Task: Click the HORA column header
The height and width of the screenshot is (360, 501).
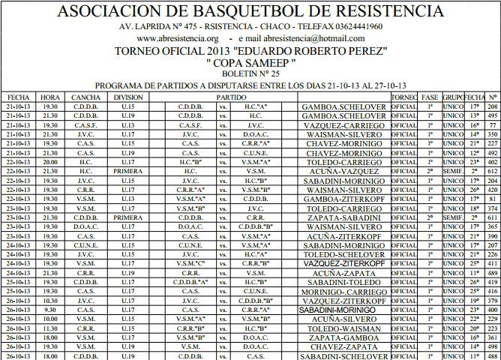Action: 50,97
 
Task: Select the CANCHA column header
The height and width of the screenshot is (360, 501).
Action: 85,97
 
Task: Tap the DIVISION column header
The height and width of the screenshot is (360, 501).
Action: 128,97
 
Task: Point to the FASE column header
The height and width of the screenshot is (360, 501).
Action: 430,97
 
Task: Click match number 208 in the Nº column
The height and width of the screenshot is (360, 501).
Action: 492,106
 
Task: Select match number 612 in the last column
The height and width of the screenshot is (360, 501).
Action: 492,171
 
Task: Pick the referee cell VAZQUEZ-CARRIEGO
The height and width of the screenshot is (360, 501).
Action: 344,125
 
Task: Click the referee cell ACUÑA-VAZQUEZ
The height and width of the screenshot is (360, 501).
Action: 344,171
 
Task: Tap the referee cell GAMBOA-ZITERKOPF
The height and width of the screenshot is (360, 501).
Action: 344,199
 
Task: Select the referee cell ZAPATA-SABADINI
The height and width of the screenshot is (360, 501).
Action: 344,217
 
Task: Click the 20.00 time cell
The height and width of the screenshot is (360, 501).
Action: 50,162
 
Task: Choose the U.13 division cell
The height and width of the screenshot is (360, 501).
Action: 128,125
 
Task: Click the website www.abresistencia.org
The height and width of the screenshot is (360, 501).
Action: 178,38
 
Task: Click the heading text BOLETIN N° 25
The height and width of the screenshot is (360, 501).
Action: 250,75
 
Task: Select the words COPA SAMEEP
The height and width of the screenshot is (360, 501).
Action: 250,64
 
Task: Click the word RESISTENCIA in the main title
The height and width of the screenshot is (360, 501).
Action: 383,11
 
